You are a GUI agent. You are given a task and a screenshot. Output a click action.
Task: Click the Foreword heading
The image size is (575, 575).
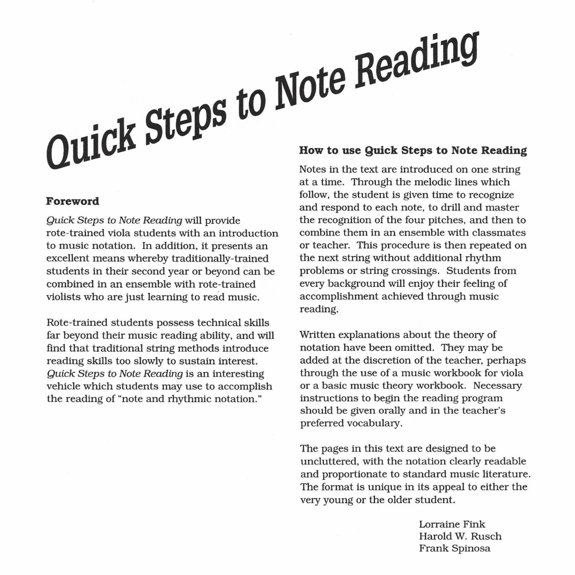tap(72, 201)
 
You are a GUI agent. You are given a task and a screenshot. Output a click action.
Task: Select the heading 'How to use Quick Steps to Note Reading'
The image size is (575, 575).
tap(413, 150)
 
